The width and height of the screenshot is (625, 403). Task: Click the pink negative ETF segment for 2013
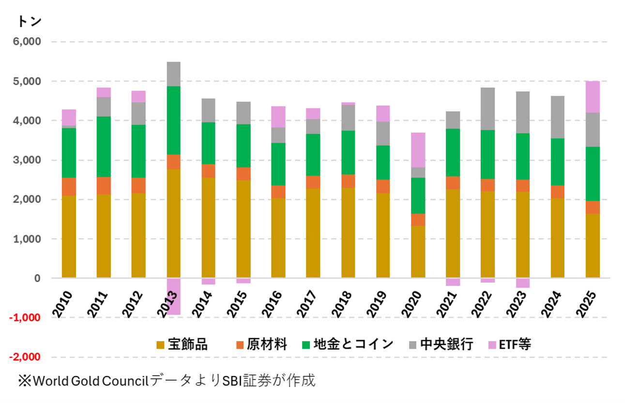(174, 296)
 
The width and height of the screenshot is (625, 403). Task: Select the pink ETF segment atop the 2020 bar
(418, 150)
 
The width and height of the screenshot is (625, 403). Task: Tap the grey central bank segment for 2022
(488, 109)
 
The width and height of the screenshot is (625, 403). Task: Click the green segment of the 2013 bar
(174, 120)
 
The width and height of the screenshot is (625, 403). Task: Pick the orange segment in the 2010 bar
(69, 186)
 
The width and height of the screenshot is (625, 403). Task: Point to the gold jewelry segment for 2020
(418, 252)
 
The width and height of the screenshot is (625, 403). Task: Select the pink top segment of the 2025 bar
(593, 97)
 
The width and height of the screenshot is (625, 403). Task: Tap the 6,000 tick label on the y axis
(28, 42)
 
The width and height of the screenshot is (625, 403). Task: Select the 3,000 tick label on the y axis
(28, 160)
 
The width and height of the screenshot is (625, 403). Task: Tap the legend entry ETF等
(515, 344)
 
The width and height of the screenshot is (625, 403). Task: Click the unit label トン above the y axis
(29, 21)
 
